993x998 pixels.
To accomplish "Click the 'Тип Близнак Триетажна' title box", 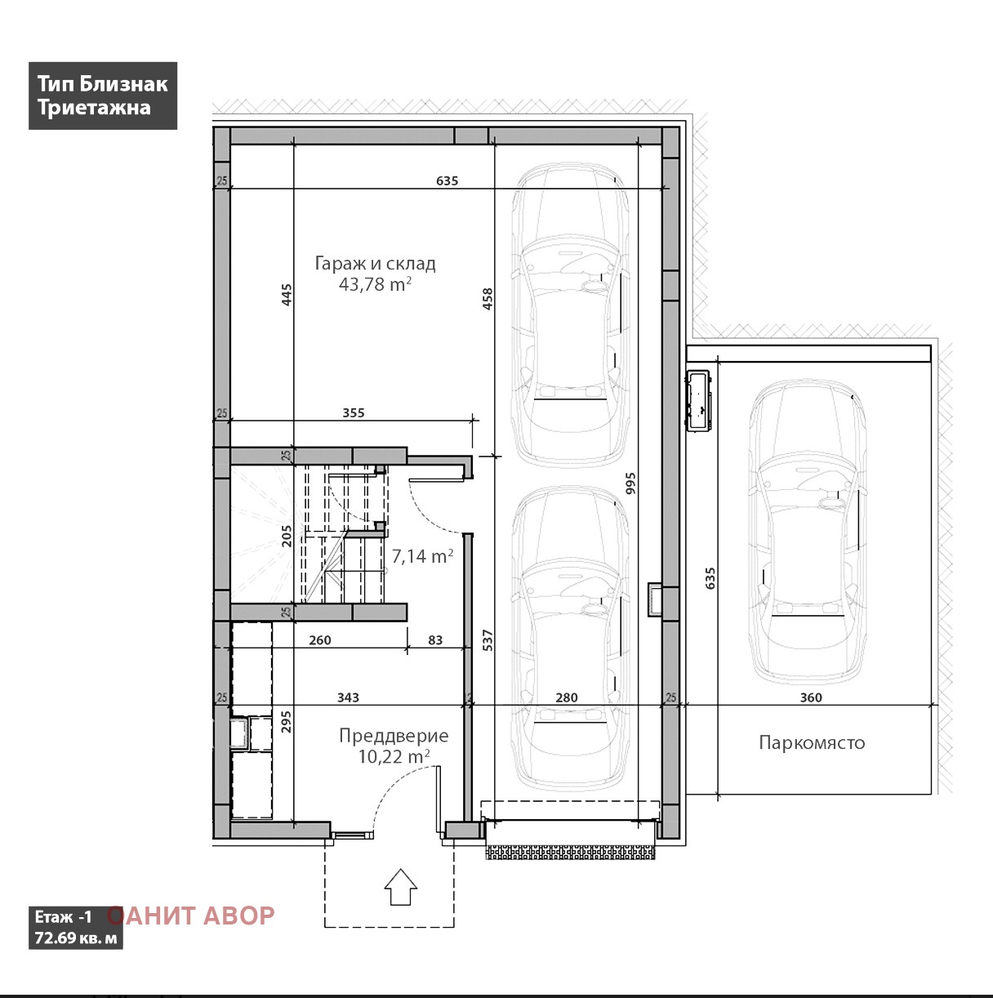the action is (x=103, y=96).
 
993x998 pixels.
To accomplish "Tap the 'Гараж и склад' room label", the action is (x=375, y=264).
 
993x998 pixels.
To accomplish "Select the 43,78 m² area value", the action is (x=375, y=284).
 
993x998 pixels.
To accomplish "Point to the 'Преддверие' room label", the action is (x=394, y=735).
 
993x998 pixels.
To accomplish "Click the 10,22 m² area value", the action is (x=394, y=756).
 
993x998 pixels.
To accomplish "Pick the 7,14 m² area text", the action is (x=422, y=556).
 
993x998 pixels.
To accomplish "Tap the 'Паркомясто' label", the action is (x=812, y=742).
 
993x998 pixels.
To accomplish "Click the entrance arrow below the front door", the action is (x=400, y=887).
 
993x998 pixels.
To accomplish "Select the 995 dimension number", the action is (x=630, y=483).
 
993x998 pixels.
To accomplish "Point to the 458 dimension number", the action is (x=488, y=299).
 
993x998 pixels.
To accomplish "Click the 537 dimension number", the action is (x=488, y=640).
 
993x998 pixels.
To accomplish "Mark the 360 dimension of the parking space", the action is (x=811, y=697).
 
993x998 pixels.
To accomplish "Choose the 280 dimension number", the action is (x=566, y=697).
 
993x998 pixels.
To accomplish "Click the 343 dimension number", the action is (x=348, y=697).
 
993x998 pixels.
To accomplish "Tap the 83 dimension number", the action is (x=435, y=640).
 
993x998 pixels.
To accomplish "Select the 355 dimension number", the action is (x=354, y=412).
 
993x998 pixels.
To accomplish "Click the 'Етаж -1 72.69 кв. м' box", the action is (x=76, y=928).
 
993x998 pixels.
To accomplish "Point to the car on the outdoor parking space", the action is (x=808, y=532).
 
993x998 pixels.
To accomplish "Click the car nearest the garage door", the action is (x=570, y=639).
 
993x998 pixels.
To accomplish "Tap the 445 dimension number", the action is (x=287, y=294).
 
